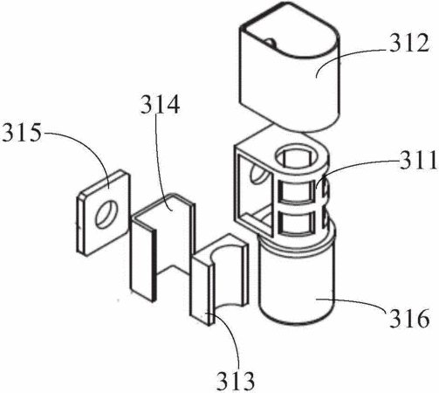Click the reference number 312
point(409,43)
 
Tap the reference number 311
point(419,160)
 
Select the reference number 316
point(409,318)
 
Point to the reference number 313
point(236,381)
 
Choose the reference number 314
point(160,105)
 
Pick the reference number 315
point(22,133)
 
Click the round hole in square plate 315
point(107,214)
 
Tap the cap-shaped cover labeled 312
point(290,66)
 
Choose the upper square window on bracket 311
point(297,191)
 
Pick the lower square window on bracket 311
point(297,223)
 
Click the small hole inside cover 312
point(271,43)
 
